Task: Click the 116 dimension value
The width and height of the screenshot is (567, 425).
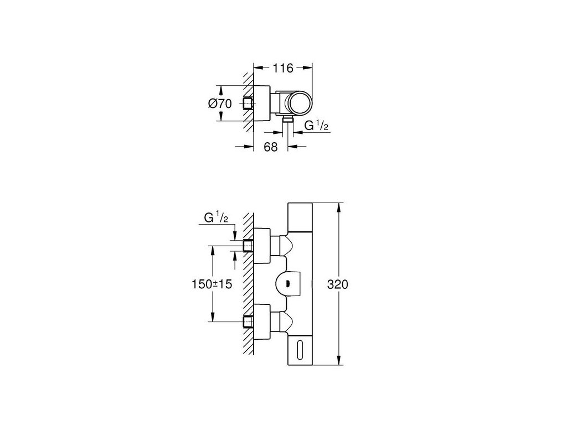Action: tap(283, 69)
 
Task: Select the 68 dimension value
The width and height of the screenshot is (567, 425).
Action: tap(271, 147)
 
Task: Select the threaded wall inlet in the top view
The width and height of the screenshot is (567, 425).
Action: tap(248, 103)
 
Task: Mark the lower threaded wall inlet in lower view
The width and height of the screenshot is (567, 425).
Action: tap(248, 320)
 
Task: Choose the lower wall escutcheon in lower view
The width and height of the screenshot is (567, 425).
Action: tap(262, 320)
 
